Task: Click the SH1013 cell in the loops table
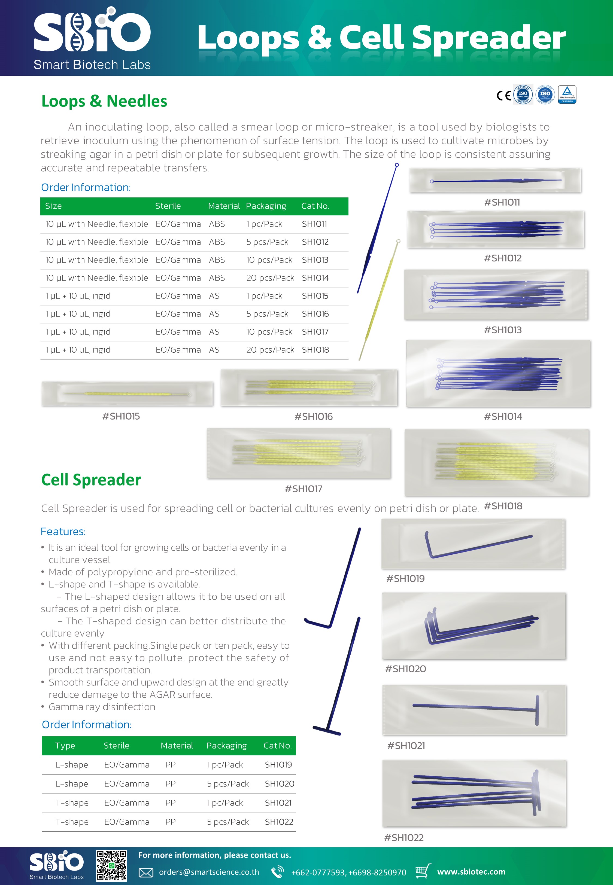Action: click(x=315, y=260)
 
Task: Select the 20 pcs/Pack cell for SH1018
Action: click(x=270, y=350)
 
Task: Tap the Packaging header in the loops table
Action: click(x=266, y=206)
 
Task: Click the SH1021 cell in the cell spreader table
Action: click(x=278, y=802)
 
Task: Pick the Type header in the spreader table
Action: click(x=65, y=746)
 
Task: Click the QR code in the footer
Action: click(x=111, y=865)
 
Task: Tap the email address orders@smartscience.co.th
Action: click(x=209, y=872)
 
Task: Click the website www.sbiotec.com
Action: click(x=471, y=872)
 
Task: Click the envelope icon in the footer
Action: click(x=146, y=873)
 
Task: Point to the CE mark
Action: click(x=503, y=95)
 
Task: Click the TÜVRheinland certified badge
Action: click(x=567, y=94)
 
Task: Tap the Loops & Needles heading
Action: click(x=104, y=101)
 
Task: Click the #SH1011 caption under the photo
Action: click(x=502, y=202)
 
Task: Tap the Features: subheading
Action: click(x=63, y=532)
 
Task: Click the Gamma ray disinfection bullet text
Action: click(x=102, y=707)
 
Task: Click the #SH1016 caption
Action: click(x=313, y=416)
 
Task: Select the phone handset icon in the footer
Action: click(x=277, y=872)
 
